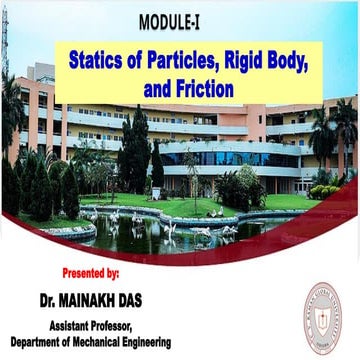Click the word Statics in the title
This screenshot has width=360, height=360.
99,62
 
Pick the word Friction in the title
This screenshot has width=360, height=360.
201,88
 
